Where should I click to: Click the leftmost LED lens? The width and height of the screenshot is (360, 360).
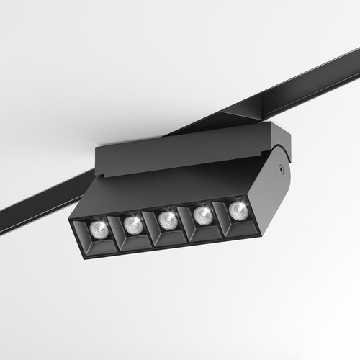[x=100, y=229]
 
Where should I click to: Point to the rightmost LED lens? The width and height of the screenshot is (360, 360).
[x=235, y=210]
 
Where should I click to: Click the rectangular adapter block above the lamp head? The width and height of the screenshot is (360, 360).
[x=180, y=151]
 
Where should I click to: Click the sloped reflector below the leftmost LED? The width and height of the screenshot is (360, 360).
[x=101, y=244]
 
